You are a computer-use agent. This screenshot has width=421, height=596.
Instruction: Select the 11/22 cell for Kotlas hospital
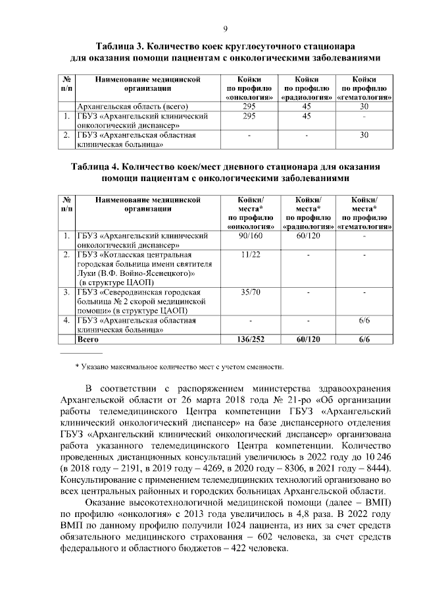(x=249, y=254)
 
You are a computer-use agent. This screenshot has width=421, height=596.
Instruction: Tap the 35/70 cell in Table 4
(x=249, y=291)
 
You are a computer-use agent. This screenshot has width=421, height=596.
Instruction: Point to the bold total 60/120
(x=307, y=340)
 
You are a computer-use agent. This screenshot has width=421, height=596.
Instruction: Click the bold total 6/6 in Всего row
(x=364, y=340)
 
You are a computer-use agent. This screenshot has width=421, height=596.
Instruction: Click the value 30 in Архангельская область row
(x=364, y=107)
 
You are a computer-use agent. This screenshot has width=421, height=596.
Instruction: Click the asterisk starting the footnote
(x=77, y=366)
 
